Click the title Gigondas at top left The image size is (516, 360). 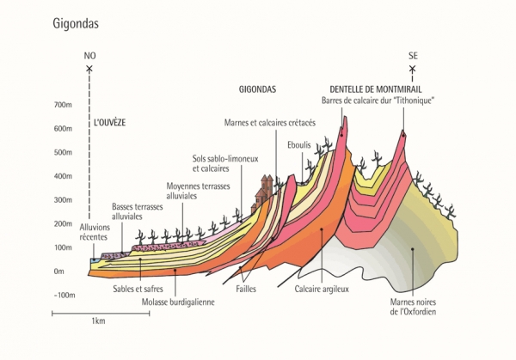pos(75,23)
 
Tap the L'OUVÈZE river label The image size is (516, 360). pos(109,123)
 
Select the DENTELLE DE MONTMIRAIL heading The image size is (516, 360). pos(376,88)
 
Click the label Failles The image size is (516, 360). pos(245,290)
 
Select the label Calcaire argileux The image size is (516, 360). pos(322,290)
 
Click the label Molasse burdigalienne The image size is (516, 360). pos(177,302)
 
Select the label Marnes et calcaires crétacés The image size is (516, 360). pos(269,122)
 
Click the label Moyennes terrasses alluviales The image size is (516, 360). pos(193,190)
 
